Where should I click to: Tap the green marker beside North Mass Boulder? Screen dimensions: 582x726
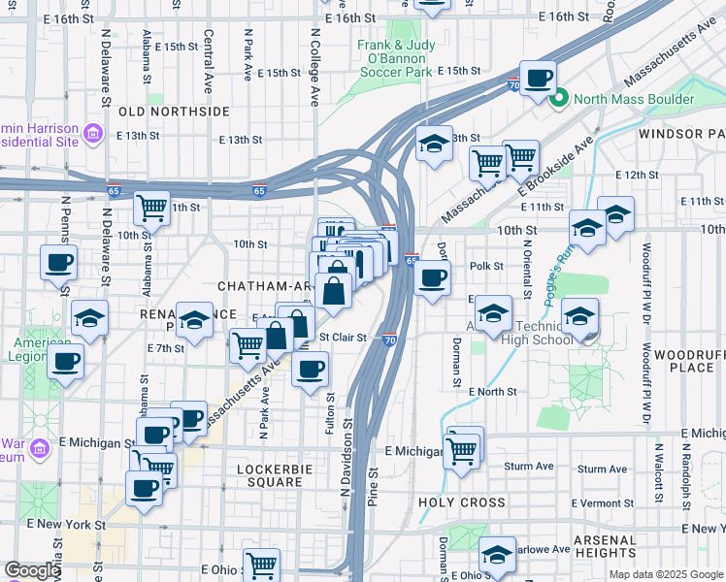(x=559, y=99)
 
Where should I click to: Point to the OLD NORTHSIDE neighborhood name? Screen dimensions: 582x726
(x=174, y=112)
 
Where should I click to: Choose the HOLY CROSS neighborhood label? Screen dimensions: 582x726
(x=462, y=502)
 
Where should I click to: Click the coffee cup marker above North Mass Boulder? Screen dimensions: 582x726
(x=538, y=78)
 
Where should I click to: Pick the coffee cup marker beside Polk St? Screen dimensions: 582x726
(x=433, y=277)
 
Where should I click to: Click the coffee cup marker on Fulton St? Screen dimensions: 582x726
(x=310, y=369)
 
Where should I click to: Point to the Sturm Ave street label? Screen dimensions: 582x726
(x=529, y=467)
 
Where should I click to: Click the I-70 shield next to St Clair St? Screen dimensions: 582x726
(x=388, y=340)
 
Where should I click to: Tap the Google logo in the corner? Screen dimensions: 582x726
(x=32, y=571)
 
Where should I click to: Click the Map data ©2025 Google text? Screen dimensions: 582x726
(x=665, y=574)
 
